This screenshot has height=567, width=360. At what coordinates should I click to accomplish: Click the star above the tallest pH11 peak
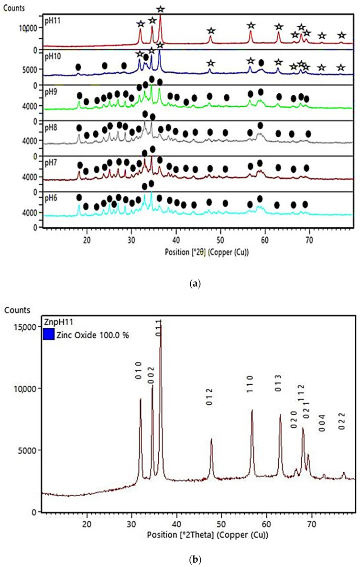tap(161, 9)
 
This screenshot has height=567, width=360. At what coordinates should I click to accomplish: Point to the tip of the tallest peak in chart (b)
tap(161, 322)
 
